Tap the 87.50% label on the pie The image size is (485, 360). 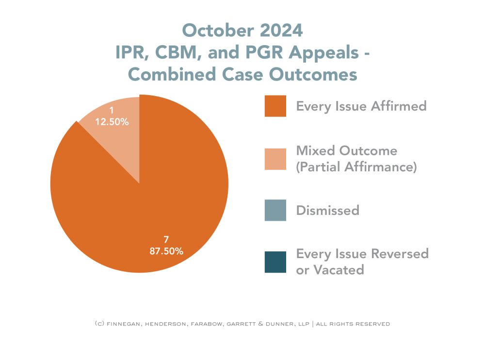[166, 251]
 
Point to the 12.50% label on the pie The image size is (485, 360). [112, 122]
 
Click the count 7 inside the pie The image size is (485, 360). [166, 239]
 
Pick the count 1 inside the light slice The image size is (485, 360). [112, 111]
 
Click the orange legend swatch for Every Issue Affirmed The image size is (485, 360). [275, 106]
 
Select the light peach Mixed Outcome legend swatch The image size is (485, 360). [275, 159]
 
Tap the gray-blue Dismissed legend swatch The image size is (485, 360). [275, 210]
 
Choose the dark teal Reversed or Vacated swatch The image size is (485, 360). [275, 262]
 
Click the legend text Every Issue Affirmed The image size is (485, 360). [361, 106]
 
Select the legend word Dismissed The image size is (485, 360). [327, 211]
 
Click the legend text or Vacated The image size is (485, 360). [330, 270]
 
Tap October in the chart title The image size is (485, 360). [215, 31]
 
